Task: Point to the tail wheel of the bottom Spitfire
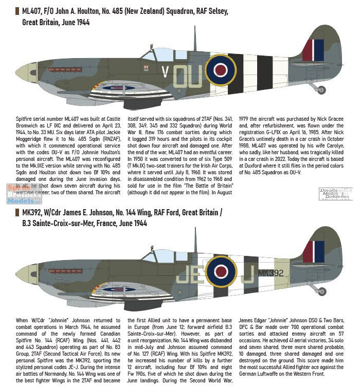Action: [320, 291]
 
